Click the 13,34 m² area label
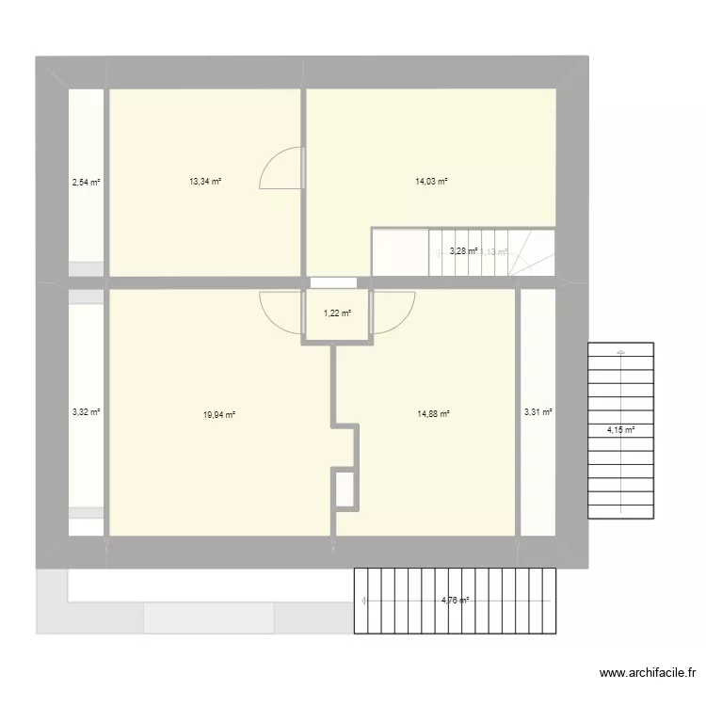click(x=205, y=182)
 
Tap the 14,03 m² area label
click(x=431, y=182)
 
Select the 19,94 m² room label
click(x=218, y=413)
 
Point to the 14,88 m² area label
click(x=434, y=413)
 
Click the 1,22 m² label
click(x=337, y=313)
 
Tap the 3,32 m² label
click(x=86, y=411)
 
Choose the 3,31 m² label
click(x=538, y=411)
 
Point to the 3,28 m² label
click(x=463, y=251)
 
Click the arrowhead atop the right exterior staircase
click(x=620, y=353)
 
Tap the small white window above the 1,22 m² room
click(x=332, y=281)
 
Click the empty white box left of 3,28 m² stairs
click(x=400, y=251)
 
